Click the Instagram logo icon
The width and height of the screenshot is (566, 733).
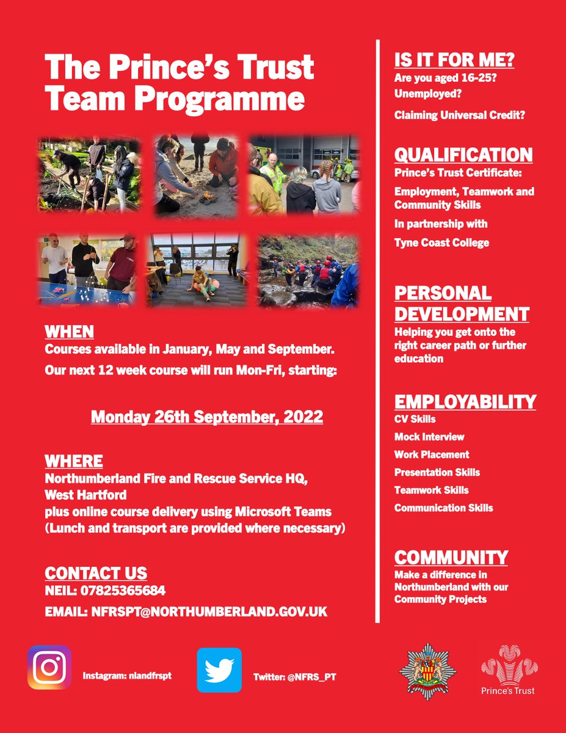click(x=49, y=668)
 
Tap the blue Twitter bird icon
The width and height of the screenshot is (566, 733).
click(x=219, y=670)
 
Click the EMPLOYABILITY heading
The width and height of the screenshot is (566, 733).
click(x=465, y=401)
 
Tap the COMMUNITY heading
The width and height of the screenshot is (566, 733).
click(x=451, y=557)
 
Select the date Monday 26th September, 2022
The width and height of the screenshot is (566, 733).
click(x=207, y=417)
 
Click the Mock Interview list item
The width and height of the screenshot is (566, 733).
click(x=429, y=437)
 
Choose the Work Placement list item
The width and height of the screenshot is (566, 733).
click(x=431, y=454)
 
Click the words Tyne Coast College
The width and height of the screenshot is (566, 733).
click(x=441, y=243)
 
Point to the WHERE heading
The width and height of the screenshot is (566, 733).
click(x=74, y=460)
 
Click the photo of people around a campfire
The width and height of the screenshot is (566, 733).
click(x=195, y=175)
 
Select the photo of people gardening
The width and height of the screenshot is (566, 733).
click(x=90, y=174)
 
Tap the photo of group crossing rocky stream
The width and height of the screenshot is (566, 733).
click(x=308, y=270)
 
